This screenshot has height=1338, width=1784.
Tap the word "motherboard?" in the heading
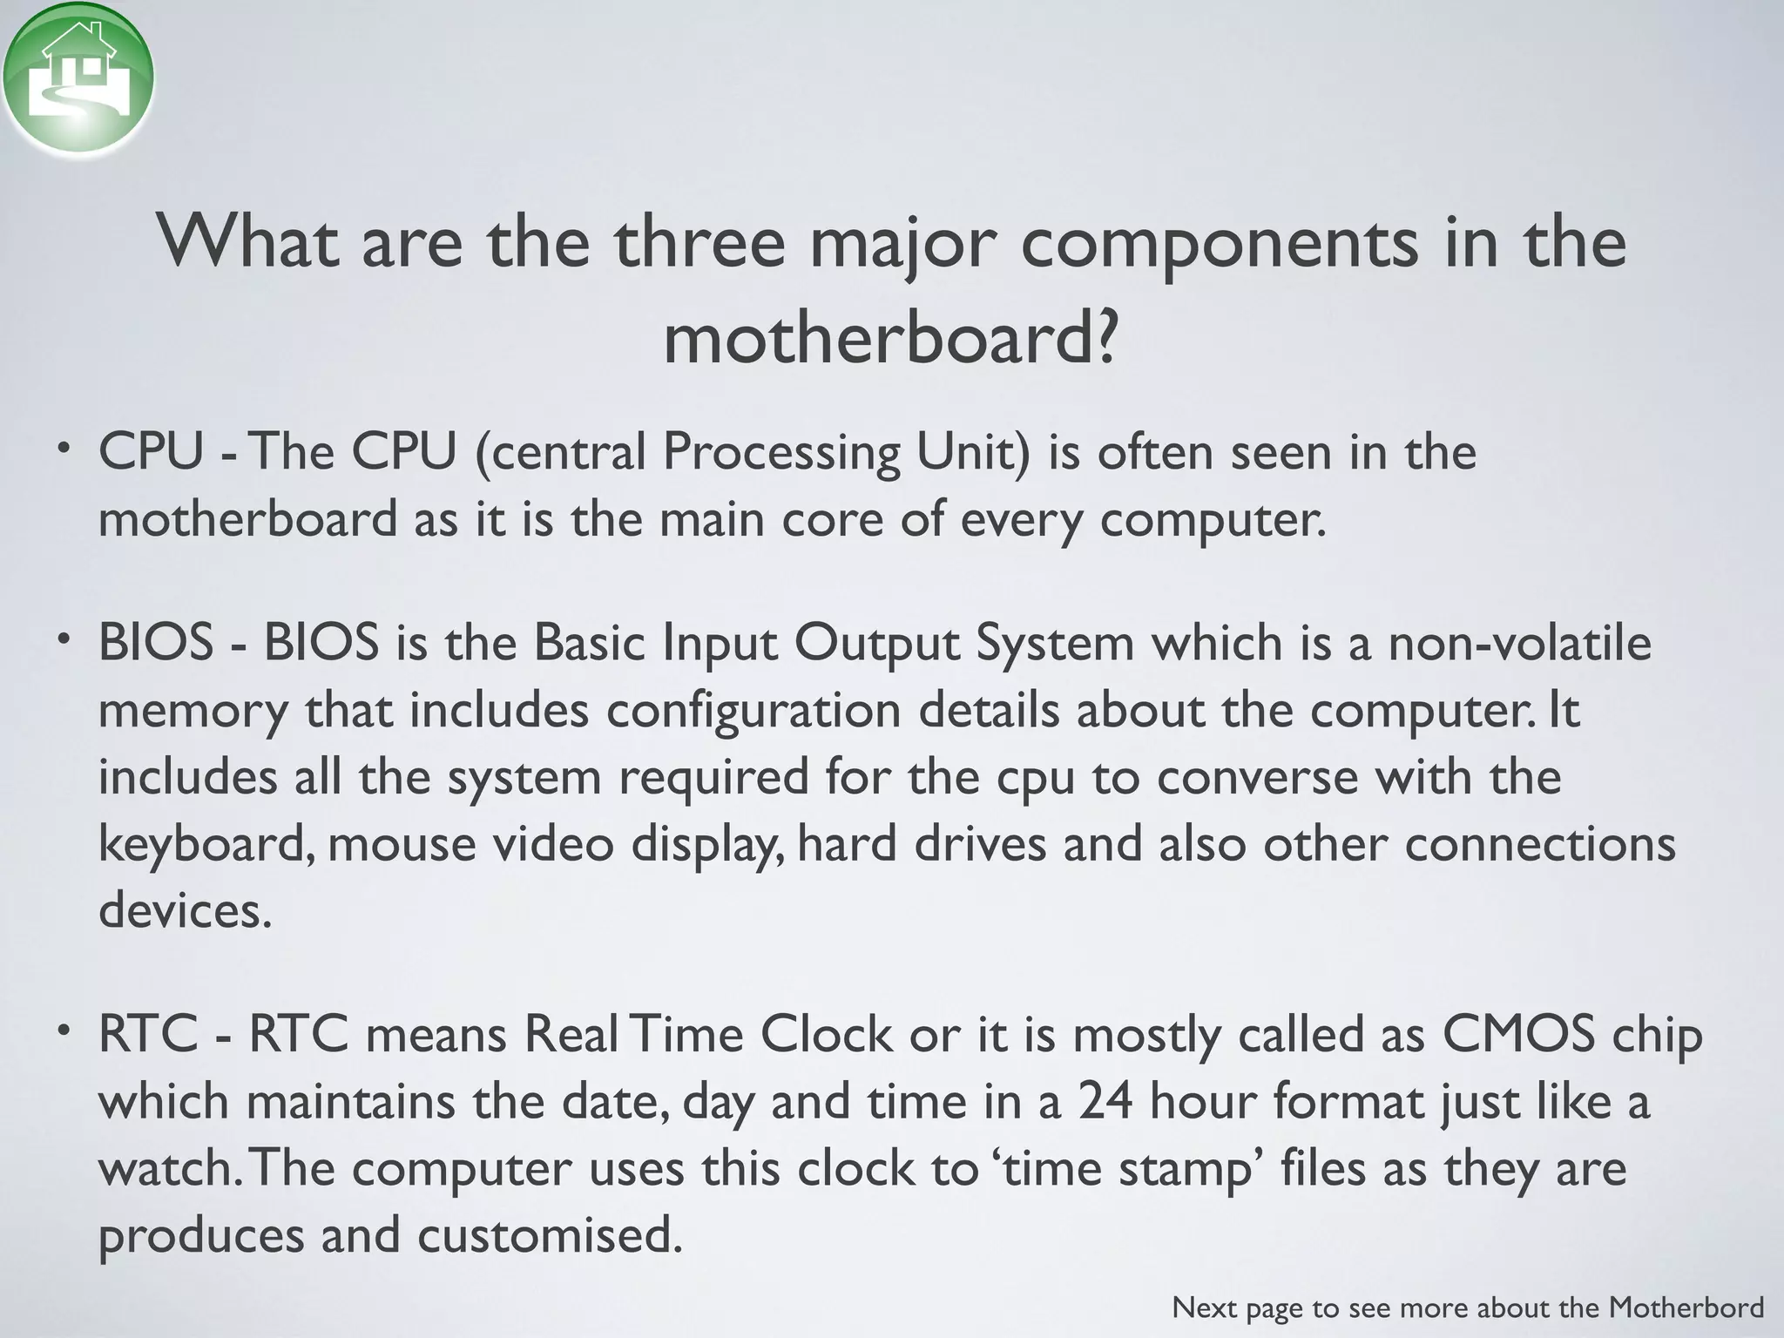point(889,339)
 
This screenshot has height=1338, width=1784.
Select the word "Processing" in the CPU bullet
point(780,453)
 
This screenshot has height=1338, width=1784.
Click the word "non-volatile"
point(1519,644)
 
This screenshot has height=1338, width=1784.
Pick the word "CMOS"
point(1519,1036)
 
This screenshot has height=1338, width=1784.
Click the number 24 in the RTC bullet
point(1105,1102)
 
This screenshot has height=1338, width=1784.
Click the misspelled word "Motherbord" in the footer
point(1686,1307)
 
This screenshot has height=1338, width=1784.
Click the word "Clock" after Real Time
point(826,1036)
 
